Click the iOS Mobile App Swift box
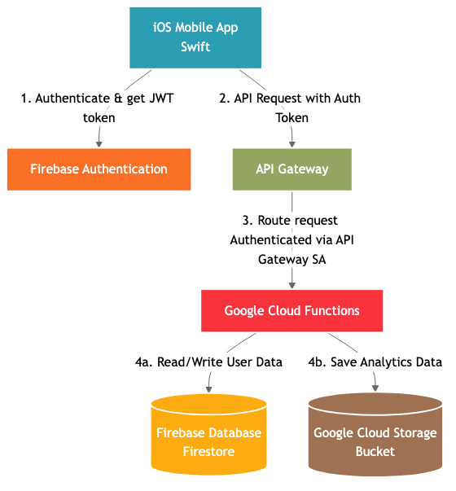point(195,37)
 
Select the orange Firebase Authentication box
point(99,169)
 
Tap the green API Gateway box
point(292,169)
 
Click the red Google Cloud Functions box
point(292,311)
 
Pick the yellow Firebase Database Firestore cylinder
point(209,440)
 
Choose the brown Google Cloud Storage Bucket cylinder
point(375,440)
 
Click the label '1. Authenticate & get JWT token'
point(99,107)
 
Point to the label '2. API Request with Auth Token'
point(290,107)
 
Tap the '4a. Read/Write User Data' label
point(208,362)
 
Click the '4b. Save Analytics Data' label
point(375,362)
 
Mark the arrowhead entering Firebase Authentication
point(99,143)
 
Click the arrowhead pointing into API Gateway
point(292,143)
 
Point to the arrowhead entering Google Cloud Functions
point(292,285)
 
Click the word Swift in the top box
point(195,46)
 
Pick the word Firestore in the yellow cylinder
point(209,451)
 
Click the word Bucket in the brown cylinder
point(375,451)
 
